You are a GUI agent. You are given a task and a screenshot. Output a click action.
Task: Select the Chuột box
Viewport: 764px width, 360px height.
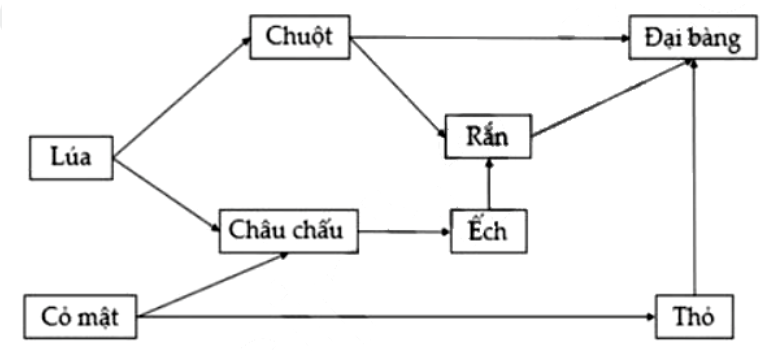[x=300, y=37]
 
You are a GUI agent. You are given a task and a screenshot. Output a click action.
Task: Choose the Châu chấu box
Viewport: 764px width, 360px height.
[x=288, y=231]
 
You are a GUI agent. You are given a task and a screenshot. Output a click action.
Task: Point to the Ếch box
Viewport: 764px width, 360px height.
[x=487, y=231]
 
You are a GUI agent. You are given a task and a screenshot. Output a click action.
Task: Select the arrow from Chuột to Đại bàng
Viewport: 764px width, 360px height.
[x=490, y=38]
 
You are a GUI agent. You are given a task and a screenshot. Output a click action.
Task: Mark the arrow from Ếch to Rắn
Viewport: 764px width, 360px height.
[x=488, y=184]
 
